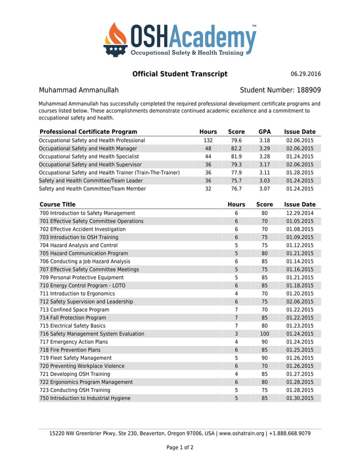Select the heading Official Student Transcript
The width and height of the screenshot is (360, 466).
pyautogui.click(x=179, y=74)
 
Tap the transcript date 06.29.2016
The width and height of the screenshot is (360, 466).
pyautogui.click(x=305, y=74)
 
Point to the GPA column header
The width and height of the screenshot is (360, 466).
pyautogui.click(x=264, y=132)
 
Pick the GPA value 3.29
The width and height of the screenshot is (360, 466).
pyautogui.click(x=264, y=148)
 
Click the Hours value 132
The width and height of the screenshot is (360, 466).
pyautogui.click(x=208, y=140)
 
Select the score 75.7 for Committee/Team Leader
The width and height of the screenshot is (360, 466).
pyautogui.click(x=236, y=181)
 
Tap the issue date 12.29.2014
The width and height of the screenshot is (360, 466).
pyautogui.click(x=300, y=213)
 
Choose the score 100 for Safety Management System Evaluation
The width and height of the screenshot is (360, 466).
pyautogui.click(x=264, y=334)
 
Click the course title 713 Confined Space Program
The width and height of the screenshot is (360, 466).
pyautogui.click(x=74, y=310)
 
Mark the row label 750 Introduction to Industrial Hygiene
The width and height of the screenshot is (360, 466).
pyautogui.click(x=85, y=398)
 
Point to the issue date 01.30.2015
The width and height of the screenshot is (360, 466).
pyautogui.click(x=300, y=398)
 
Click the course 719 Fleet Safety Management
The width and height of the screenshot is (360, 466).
pyautogui.click(x=76, y=358)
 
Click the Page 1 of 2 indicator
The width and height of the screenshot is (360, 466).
pyautogui.click(x=179, y=448)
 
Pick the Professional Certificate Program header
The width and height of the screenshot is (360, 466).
pyautogui.click(x=88, y=132)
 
